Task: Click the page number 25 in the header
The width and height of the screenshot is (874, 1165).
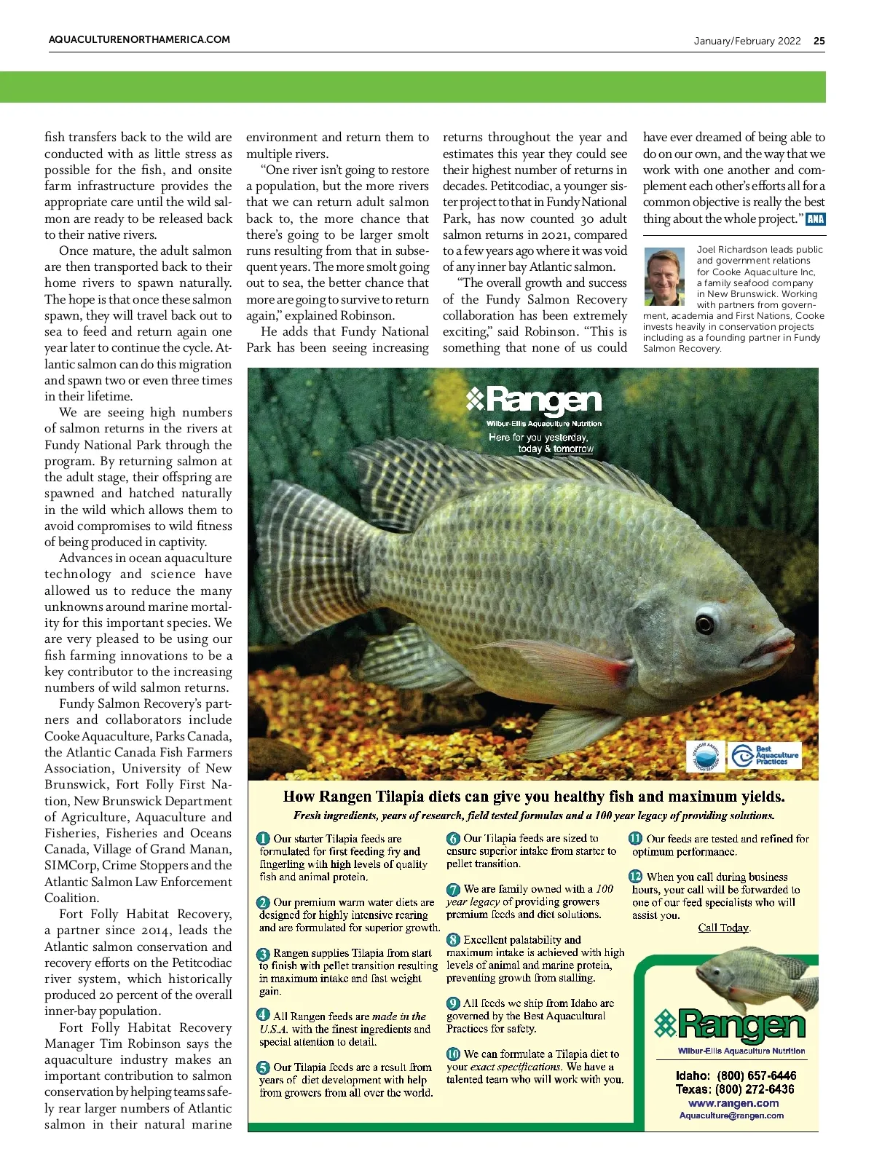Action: click(x=819, y=41)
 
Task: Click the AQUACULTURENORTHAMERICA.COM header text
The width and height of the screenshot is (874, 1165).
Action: click(x=139, y=40)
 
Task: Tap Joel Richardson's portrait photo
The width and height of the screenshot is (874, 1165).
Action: click(x=665, y=276)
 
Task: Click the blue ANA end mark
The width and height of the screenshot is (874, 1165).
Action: click(x=816, y=219)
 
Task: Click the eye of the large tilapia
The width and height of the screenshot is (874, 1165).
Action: click(x=704, y=623)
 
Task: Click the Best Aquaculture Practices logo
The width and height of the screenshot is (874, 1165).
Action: click(x=765, y=755)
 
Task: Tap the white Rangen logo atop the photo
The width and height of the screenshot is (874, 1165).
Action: click(x=535, y=400)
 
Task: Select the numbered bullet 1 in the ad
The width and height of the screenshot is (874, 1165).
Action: click(x=263, y=839)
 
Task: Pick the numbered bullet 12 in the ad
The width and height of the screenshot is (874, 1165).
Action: click(x=636, y=877)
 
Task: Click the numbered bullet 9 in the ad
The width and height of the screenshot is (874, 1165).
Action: click(x=453, y=1003)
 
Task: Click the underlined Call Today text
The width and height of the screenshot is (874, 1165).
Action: click(x=723, y=928)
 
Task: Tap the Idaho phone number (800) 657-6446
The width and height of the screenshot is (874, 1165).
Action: click(x=757, y=1075)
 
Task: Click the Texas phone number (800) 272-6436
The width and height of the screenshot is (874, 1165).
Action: click(x=755, y=1089)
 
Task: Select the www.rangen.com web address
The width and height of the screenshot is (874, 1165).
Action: click(x=733, y=1103)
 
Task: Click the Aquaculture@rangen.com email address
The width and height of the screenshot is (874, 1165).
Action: click(x=731, y=1115)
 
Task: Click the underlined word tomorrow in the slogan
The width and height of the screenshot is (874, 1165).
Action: click(x=573, y=449)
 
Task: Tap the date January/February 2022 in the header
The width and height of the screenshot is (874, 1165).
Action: click(x=747, y=41)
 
